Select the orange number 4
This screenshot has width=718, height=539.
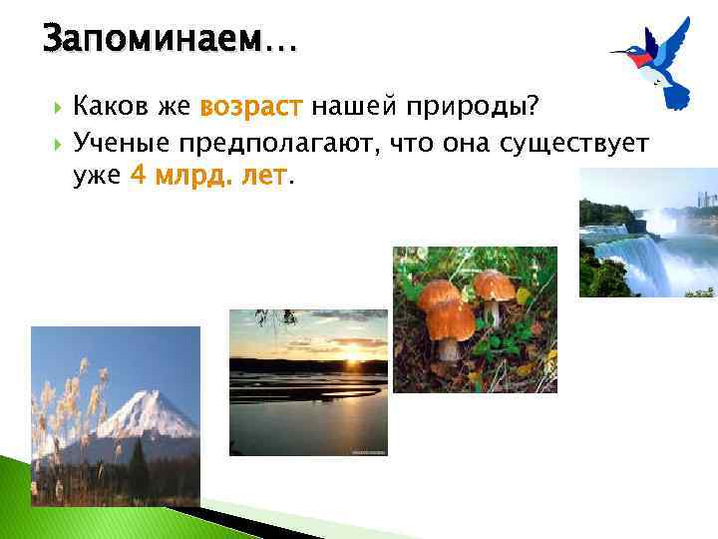[x=137, y=177]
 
